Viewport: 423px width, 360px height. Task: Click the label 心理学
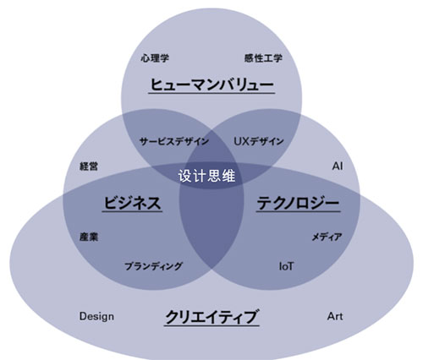(155, 58)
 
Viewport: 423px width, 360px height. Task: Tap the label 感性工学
(263, 58)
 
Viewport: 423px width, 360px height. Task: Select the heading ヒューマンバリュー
(211, 85)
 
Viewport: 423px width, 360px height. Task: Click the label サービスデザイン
(174, 141)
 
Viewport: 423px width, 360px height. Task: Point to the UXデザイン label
(259, 141)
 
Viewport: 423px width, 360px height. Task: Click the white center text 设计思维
(206, 176)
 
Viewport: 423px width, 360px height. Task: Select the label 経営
(89, 166)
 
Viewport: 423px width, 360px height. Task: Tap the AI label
(338, 166)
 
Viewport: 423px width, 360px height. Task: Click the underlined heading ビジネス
(132, 203)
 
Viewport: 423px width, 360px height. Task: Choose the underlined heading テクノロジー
(298, 203)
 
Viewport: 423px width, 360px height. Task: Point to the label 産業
(89, 237)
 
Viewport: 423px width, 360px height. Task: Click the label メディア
(327, 237)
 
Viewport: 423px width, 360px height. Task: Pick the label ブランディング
(154, 266)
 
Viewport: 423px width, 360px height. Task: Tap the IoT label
(286, 266)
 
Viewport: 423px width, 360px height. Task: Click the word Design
(96, 316)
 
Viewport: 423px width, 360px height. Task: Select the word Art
(335, 316)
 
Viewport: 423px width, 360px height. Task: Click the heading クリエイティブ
(211, 317)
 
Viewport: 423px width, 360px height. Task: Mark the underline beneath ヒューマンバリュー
(211, 93)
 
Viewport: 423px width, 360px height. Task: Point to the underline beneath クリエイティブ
(211, 326)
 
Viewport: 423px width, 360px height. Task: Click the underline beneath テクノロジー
(298, 211)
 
